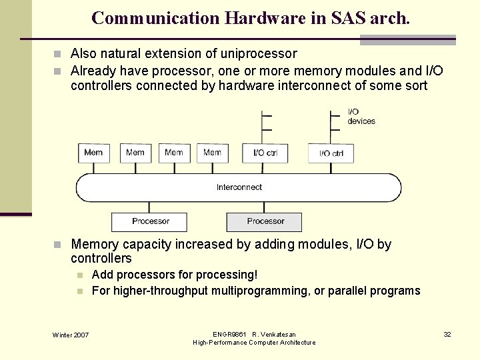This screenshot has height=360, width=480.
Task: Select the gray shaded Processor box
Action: [265, 221]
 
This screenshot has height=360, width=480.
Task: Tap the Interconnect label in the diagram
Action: [239, 187]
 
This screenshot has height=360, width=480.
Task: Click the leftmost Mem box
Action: [93, 153]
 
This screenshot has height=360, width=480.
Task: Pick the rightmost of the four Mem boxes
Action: [212, 153]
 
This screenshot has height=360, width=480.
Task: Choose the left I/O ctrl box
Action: [265, 153]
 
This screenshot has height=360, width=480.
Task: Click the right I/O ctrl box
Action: [331, 153]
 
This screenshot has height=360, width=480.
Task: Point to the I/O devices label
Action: [361, 117]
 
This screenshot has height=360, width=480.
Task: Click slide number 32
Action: [447, 334]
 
